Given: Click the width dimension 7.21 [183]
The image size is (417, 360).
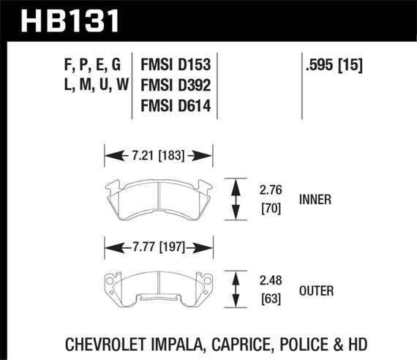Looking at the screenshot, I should [x=159, y=154].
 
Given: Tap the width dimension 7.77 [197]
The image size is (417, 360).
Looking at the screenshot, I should [x=159, y=247].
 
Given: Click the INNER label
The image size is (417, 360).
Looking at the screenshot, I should [x=315, y=198].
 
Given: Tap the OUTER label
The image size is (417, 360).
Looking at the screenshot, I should [x=316, y=291].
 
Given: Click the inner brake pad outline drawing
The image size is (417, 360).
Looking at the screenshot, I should [x=159, y=196].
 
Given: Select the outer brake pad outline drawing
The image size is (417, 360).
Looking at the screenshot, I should [x=159, y=288].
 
